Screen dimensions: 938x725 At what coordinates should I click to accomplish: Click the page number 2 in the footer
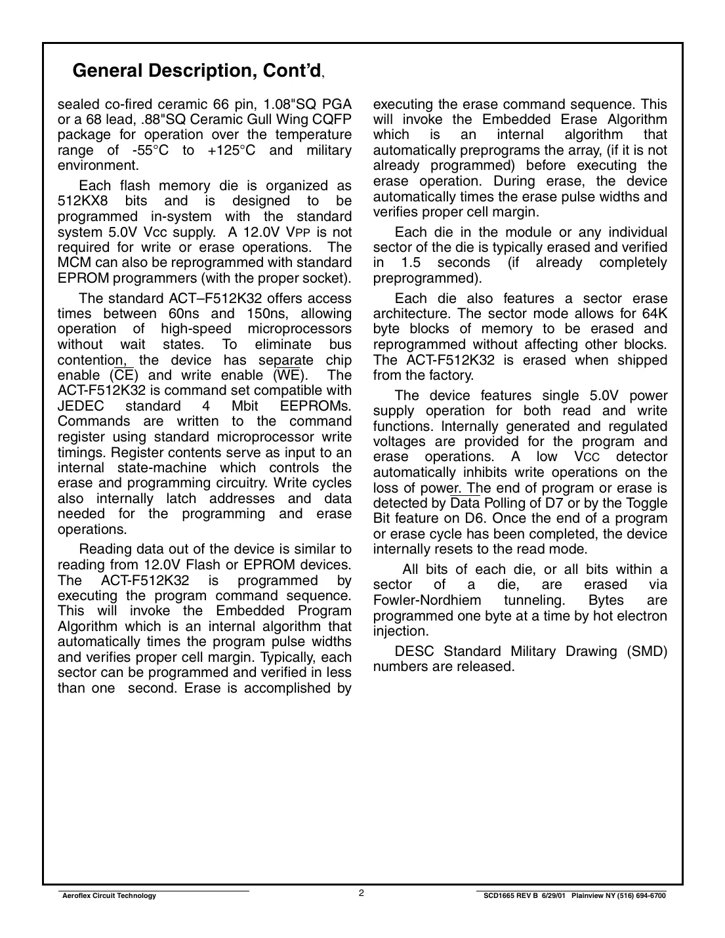362,893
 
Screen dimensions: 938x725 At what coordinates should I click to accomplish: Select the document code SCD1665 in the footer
499,896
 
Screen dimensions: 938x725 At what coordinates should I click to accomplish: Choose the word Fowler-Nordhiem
426,600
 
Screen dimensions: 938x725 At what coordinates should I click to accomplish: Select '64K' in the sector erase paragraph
653,314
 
